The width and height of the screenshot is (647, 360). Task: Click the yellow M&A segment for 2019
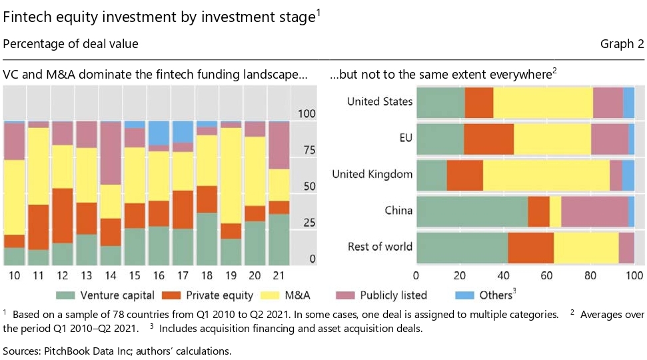[x=231, y=175]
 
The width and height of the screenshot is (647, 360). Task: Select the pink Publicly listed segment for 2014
[x=110, y=154]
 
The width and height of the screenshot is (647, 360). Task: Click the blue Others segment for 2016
[x=159, y=134]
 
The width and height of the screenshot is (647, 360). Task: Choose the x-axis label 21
[x=280, y=275]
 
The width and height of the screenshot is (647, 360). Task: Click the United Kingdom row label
[x=372, y=175]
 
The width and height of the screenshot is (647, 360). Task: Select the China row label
[x=398, y=211]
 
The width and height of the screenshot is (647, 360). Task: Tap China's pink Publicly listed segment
[x=594, y=211]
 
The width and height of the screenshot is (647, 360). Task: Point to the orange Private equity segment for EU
[x=488, y=139]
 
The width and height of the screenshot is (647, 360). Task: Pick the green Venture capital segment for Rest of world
[x=462, y=247]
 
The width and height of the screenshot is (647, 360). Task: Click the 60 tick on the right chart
[x=547, y=275]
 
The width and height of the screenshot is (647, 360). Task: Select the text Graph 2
[x=622, y=45]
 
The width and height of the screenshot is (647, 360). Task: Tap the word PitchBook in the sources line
[x=67, y=351]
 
